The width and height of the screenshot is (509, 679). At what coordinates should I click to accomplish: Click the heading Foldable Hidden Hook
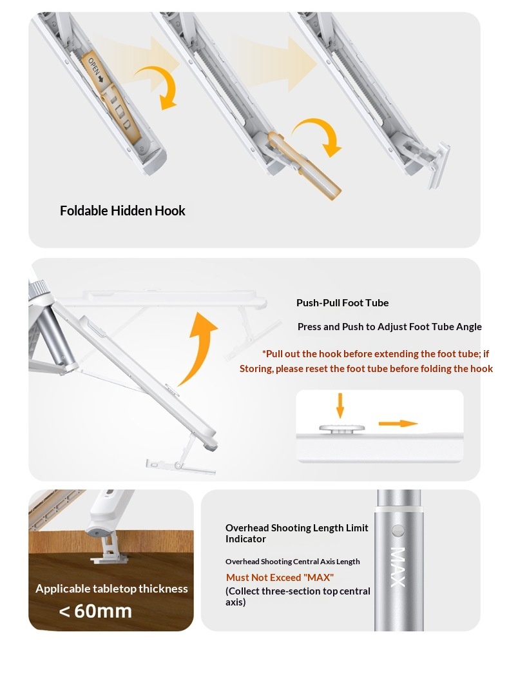122,211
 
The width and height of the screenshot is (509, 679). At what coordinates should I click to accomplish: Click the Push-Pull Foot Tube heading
342,303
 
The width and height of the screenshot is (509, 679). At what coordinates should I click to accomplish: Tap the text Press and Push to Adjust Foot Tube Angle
390,327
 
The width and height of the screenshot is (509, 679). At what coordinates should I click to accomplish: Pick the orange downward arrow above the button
340,406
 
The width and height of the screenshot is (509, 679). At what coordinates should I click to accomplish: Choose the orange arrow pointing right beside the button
398,424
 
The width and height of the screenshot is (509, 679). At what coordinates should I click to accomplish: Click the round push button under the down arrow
342,429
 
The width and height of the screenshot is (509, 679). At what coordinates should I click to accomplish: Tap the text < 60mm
95,611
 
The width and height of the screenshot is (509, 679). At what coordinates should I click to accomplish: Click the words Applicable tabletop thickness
111,589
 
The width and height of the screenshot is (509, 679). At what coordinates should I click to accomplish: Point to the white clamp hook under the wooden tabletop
110,549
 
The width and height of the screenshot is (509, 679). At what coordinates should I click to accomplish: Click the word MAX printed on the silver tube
398,567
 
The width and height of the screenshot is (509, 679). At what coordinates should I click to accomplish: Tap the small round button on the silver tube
398,531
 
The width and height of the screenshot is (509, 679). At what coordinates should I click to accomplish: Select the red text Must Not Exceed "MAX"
280,578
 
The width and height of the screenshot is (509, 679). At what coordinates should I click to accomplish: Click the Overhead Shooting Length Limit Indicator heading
297,533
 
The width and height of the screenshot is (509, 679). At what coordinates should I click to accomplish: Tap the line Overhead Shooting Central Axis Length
293,562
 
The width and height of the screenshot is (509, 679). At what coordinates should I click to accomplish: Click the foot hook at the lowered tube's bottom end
181,465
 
